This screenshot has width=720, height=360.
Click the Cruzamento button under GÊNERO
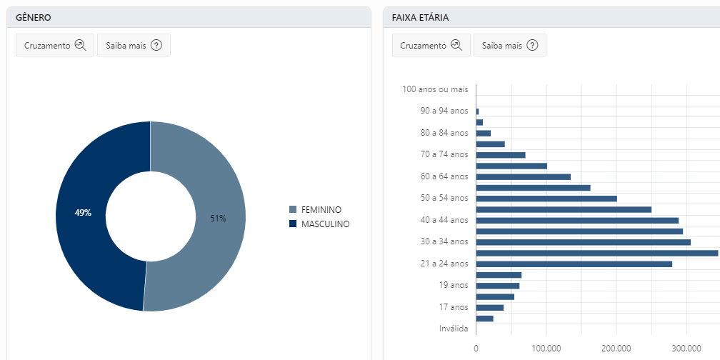[x=55, y=45]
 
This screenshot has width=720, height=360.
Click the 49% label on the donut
[x=84, y=213]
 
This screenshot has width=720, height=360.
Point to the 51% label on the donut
[x=218, y=219]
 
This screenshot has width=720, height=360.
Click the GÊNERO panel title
[x=33, y=17]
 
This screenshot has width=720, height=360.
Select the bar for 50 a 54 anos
[x=546, y=199]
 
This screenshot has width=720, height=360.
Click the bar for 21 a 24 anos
[x=574, y=264]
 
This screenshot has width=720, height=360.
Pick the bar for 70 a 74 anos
[x=501, y=155]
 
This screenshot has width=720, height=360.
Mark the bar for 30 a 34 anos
[x=584, y=242]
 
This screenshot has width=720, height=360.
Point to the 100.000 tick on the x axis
[x=546, y=348]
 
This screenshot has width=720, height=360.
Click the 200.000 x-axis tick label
[x=616, y=348]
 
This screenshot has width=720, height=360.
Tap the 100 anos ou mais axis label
[x=435, y=89]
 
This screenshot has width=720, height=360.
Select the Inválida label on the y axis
[x=454, y=329]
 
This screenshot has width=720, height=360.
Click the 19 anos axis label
[x=454, y=285]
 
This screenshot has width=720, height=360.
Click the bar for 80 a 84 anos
[x=484, y=134]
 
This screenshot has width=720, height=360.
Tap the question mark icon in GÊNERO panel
[x=156, y=45]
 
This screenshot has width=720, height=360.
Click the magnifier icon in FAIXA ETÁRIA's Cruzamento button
[x=456, y=45]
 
